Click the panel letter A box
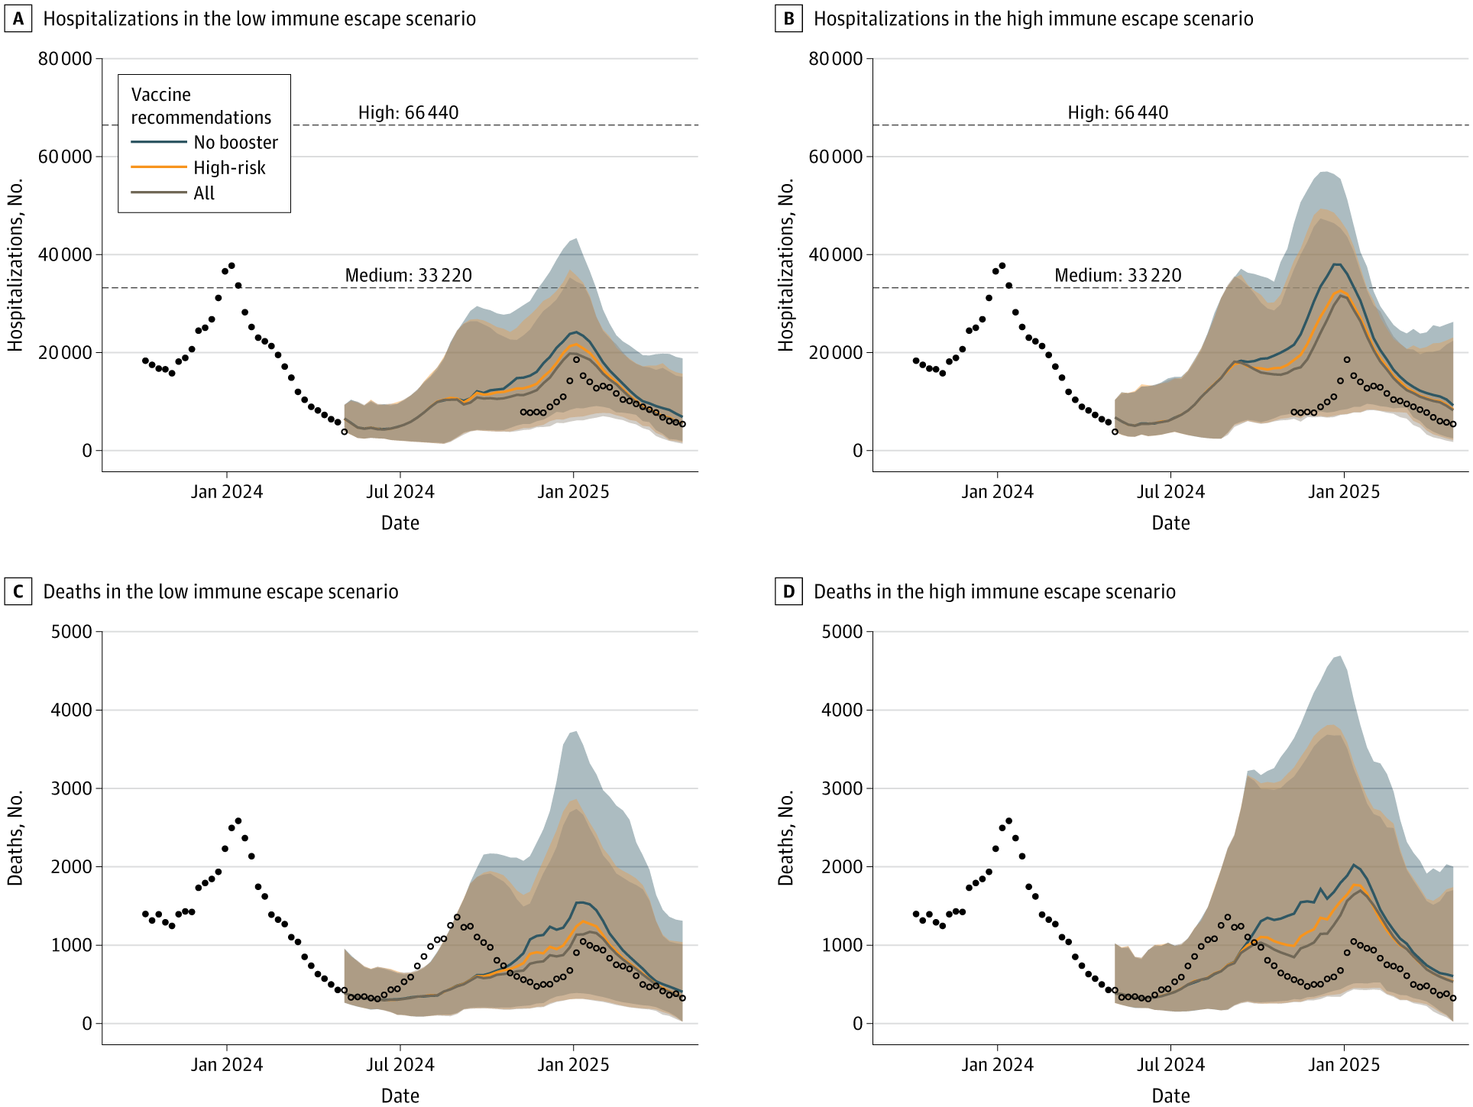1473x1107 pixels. coord(18,19)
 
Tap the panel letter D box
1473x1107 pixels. coord(788,592)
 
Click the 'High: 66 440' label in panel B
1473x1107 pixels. coord(1118,113)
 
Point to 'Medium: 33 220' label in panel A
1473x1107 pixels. coord(408,276)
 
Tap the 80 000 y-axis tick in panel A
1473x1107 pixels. coord(64,59)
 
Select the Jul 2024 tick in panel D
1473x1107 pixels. coord(1170,1065)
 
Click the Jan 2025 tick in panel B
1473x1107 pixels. coord(1344,492)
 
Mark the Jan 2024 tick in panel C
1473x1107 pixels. coord(226,1065)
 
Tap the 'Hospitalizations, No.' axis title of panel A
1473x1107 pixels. coord(15,265)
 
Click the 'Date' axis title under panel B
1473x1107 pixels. coord(1170,523)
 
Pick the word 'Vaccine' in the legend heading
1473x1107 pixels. coord(161,95)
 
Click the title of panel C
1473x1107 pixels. coord(221,592)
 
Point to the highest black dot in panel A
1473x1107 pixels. coord(231,266)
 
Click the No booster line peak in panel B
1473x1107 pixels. coord(1336,264)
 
